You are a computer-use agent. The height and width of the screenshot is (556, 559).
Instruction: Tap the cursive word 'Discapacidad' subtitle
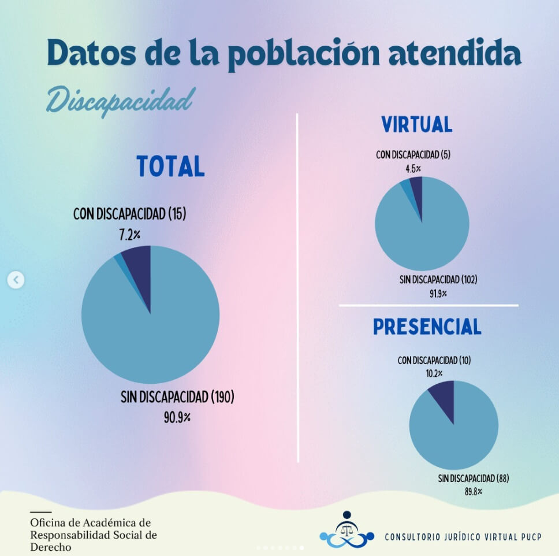click(119, 101)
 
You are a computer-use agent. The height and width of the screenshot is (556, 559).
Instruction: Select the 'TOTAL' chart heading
click(170, 166)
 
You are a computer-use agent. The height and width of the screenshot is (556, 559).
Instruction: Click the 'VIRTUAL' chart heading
click(416, 125)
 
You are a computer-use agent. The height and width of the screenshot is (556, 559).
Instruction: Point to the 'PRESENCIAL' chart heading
click(427, 327)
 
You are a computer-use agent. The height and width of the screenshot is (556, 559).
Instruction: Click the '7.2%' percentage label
click(131, 235)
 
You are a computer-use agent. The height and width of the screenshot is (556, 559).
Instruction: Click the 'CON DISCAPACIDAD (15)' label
click(129, 214)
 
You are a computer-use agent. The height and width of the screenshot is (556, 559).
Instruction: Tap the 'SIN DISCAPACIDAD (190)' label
click(177, 397)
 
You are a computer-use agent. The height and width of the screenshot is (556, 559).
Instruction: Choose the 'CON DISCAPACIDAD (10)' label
click(434, 361)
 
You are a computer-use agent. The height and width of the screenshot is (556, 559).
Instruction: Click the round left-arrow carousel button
click(16, 280)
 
